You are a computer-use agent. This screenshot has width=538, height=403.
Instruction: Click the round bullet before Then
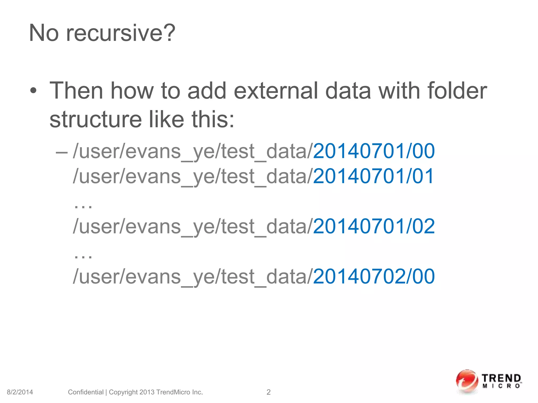pos(33,91)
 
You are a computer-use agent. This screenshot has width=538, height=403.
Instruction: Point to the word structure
pos(96,120)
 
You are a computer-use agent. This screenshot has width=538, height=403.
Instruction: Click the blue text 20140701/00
pos(374,151)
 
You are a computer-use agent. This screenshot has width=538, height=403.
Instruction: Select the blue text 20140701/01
pos(373,176)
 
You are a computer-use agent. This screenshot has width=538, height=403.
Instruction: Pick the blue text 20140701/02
pos(374,226)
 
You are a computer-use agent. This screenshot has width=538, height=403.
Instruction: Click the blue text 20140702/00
pos(374,277)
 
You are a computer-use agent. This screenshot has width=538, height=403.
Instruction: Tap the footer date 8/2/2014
pos(20,392)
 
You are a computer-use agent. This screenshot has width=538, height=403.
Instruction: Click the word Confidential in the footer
pos(86,392)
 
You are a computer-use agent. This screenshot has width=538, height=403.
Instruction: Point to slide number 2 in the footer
pos(268,392)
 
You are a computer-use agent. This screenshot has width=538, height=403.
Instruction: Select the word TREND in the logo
pos(501,378)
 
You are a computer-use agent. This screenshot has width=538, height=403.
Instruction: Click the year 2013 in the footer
pos(147,392)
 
